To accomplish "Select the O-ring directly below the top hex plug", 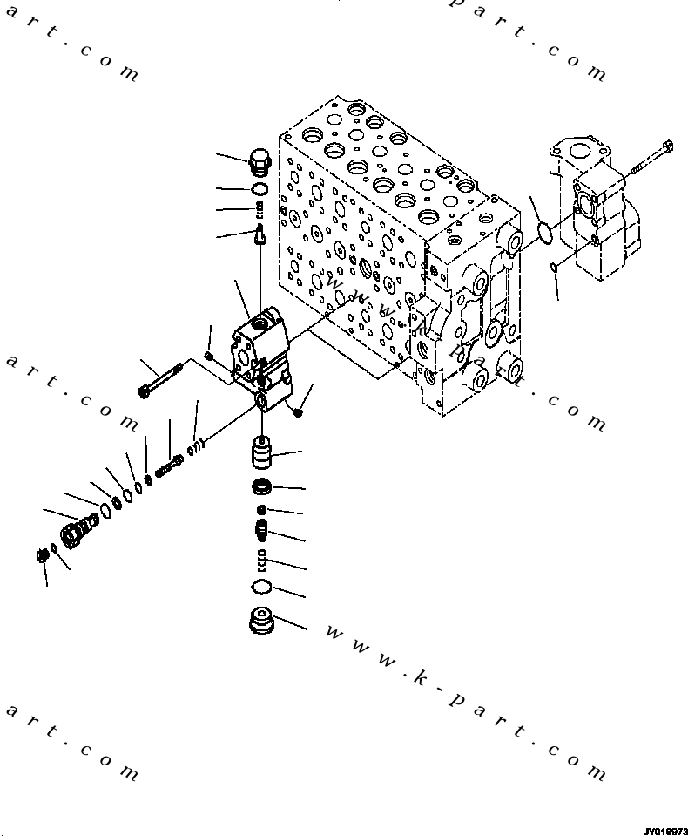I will (260, 188).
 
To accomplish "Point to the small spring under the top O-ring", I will (260, 207).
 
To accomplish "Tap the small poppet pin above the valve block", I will (260, 231).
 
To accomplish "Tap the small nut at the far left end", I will (43, 555).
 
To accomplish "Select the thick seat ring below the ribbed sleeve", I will (262, 486).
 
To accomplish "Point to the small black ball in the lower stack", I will (262, 510).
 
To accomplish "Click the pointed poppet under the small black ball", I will (262, 528).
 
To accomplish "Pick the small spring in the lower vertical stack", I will (262, 558).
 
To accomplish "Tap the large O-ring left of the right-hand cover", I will (545, 234).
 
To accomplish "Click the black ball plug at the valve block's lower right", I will (299, 411).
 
